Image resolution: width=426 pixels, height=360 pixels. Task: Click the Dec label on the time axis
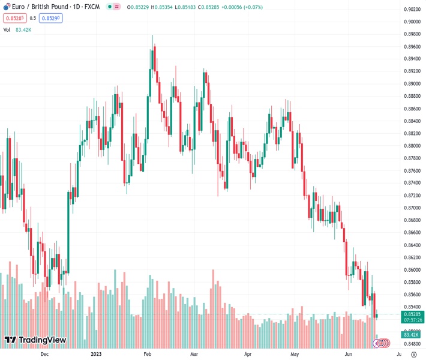[44, 354]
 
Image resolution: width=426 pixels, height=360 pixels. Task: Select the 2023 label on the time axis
[95, 354]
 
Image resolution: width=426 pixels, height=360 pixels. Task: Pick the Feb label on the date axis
[147, 354]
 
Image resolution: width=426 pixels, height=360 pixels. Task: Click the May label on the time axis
[294, 354]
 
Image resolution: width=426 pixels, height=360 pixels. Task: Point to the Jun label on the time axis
[349, 354]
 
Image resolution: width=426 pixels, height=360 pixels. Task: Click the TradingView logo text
[42, 340]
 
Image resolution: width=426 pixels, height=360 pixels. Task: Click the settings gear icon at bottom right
[413, 354]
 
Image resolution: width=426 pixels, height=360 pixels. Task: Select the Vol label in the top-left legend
[7, 29]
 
